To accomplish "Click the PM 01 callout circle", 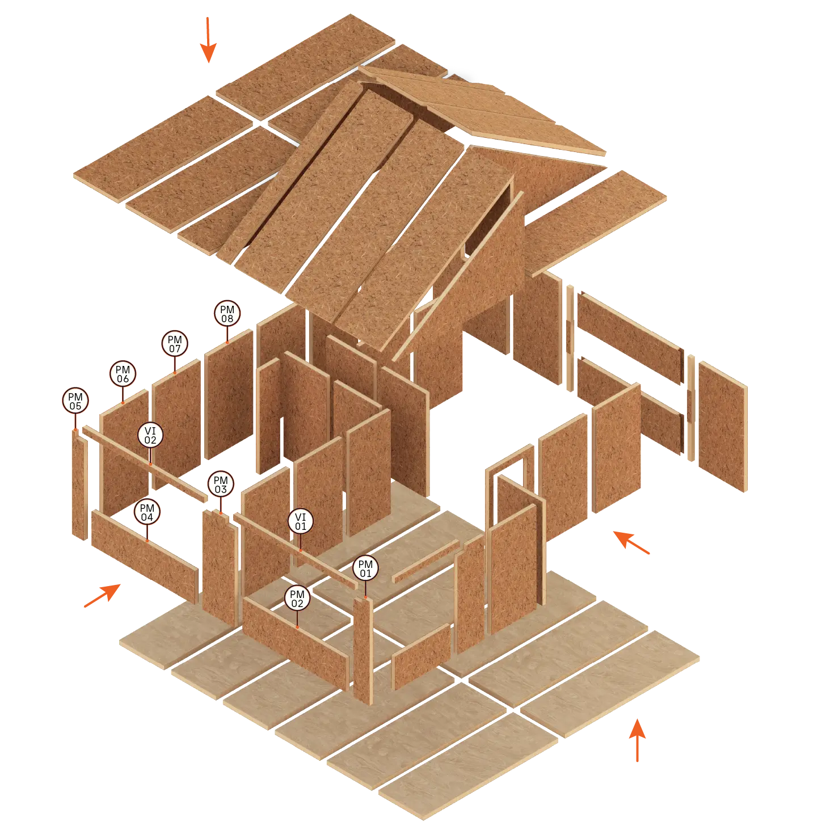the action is click(365, 568).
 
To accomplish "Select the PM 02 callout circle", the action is click(297, 599).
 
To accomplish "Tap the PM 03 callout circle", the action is click(221, 484).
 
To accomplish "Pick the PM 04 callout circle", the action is click(147, 512).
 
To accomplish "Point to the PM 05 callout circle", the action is click(75, 401).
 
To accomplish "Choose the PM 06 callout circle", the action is click(123, 374).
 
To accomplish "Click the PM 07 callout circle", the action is click(174, 344).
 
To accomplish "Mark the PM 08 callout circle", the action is click(227, 314).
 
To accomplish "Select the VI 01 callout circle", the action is click(300, 521).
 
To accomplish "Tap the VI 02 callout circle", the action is click(150, 435).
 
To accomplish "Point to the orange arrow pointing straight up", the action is click(638, 740).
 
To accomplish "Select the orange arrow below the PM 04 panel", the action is click(103, 595).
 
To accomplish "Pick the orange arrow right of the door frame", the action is click(631, 542).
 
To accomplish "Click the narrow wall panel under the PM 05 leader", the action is click(79, 484).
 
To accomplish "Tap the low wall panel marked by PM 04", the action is click(145, 556).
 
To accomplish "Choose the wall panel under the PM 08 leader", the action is click(229, 394).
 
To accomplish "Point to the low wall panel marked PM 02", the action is click(296, 643).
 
